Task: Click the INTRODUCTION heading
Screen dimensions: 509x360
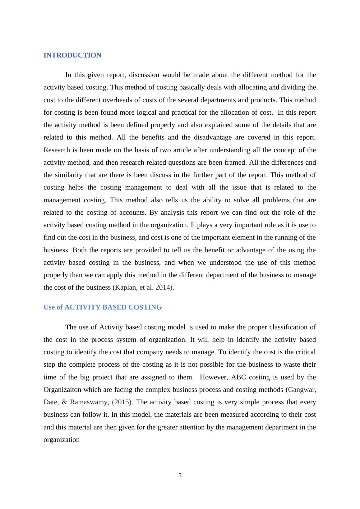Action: coord(72,55)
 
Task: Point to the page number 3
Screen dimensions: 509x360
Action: coord(180,475)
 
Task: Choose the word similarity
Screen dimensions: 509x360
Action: coord(68,175)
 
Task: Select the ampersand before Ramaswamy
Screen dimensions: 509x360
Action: coord(64,402)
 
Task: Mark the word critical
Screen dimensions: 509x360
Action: coord(305,352)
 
